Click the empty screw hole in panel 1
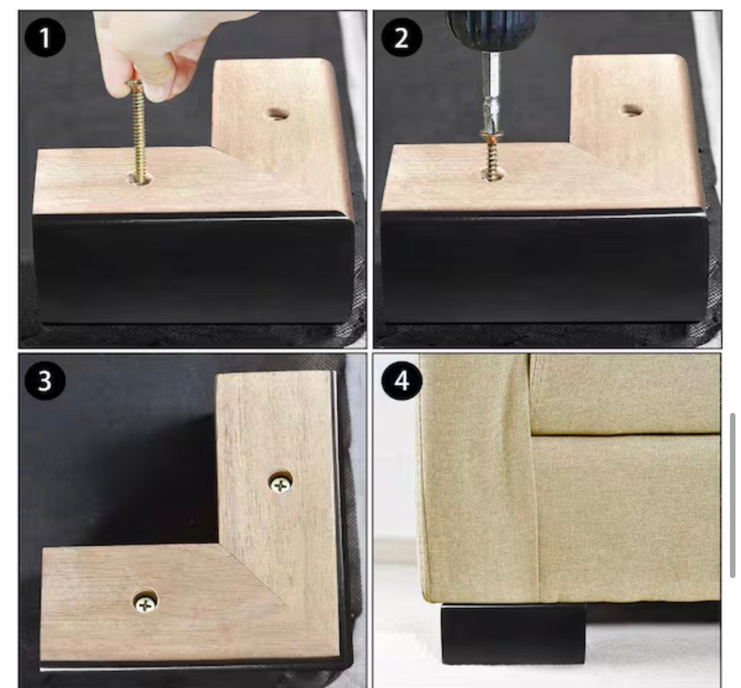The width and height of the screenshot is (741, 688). tap(278, 114)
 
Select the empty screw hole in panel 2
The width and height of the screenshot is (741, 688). tap(632, 110)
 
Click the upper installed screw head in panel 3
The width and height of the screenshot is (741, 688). tap(281, 485)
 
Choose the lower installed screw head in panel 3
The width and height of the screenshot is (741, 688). tap(145, 604)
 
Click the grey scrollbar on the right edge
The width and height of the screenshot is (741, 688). tap(732, 496)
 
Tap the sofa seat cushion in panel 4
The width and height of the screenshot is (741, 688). tap(625, 394)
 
